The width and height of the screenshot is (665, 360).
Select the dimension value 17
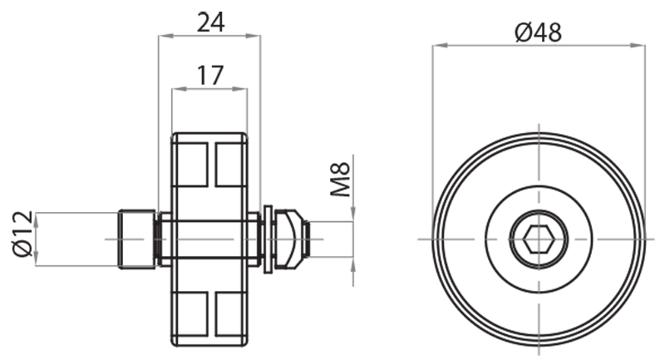coord(209,75)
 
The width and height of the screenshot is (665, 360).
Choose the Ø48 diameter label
coord(538,32)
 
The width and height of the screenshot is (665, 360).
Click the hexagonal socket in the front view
coord(538,239)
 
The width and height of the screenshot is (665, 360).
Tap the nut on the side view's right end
coord(288,239)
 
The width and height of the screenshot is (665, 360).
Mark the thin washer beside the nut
coord(268,239)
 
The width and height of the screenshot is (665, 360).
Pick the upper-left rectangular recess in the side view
coord(191,164)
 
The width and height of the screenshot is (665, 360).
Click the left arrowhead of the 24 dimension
coord(162,36)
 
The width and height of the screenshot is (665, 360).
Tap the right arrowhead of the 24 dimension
coord(256,36)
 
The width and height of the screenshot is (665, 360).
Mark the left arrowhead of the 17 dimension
coord(175,89)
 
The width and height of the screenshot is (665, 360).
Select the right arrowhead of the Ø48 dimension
coord(639,46)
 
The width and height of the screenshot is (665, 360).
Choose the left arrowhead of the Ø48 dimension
coord(437,46)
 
